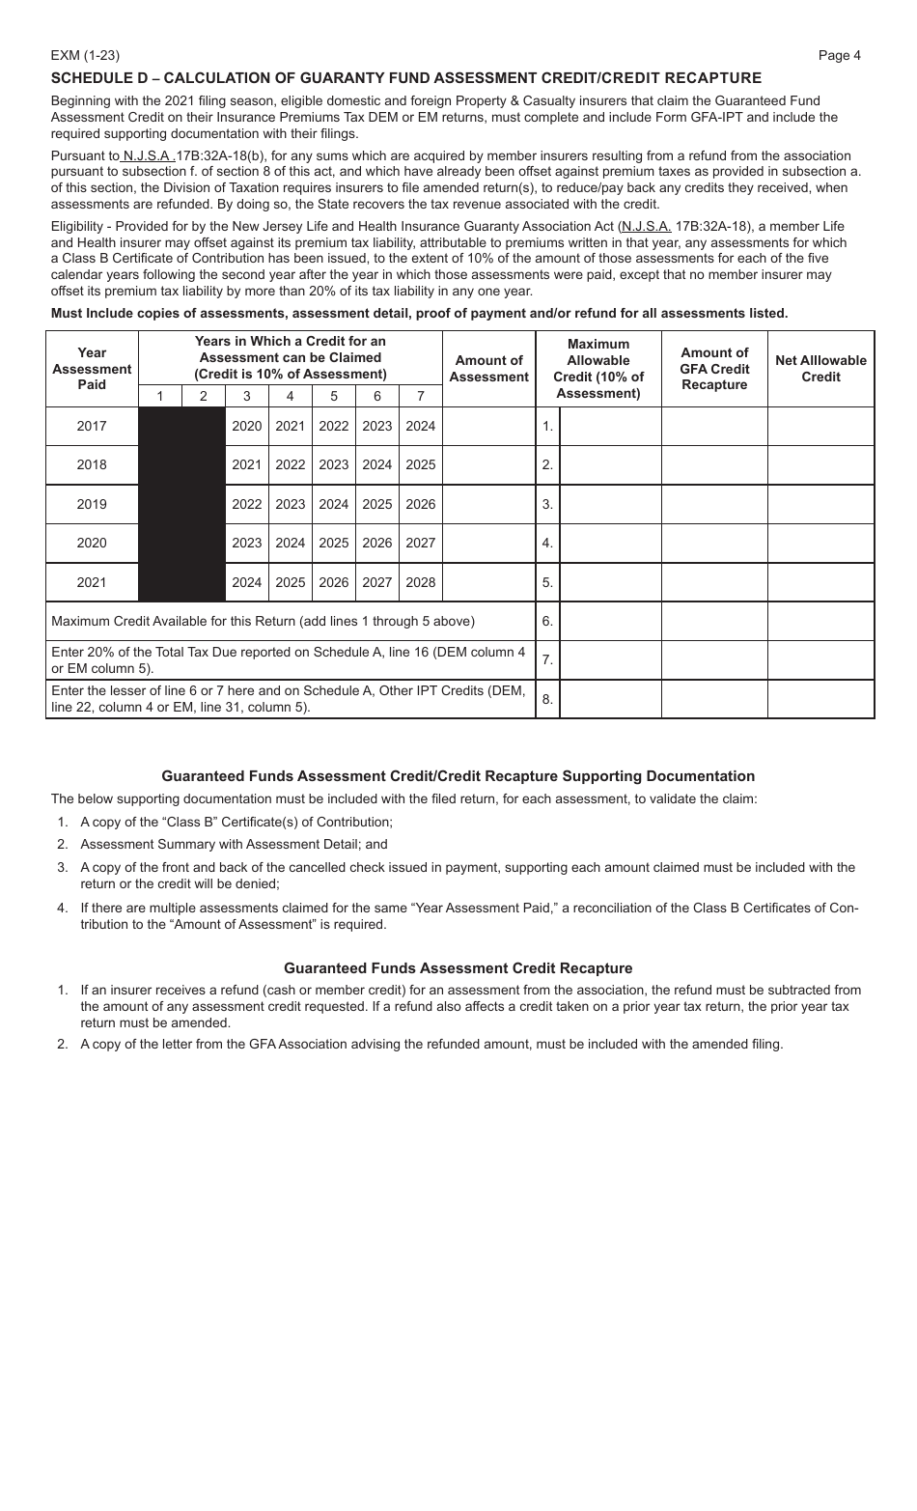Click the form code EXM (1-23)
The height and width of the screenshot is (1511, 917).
(85, 56)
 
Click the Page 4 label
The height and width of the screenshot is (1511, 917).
(839, 56)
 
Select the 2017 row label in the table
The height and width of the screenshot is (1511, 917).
(92, 426)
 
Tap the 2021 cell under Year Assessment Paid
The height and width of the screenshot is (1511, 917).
(92, 582)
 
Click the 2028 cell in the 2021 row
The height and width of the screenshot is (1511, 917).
(420, 582)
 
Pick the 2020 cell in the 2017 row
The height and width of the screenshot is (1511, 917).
(246, 426)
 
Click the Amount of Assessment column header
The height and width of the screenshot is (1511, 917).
(488, 369)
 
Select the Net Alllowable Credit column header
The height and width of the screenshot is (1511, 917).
(820, 369)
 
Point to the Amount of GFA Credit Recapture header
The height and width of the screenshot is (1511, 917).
(714, 369)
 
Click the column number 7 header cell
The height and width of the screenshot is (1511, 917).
(420, 396)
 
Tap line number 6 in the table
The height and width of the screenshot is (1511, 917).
(547, 621)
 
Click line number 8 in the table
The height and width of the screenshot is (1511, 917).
(547, 699)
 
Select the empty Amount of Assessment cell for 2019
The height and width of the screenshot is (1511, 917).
(488, 504)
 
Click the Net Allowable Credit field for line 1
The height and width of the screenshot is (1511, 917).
(820, 426)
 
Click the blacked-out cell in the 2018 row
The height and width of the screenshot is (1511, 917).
(182, 465)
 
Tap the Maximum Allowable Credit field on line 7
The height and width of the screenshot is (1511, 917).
(610, 660)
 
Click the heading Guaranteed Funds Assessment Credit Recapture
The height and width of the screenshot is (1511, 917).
(458, 968)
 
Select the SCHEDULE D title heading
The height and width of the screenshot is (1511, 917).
(405, 78)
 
